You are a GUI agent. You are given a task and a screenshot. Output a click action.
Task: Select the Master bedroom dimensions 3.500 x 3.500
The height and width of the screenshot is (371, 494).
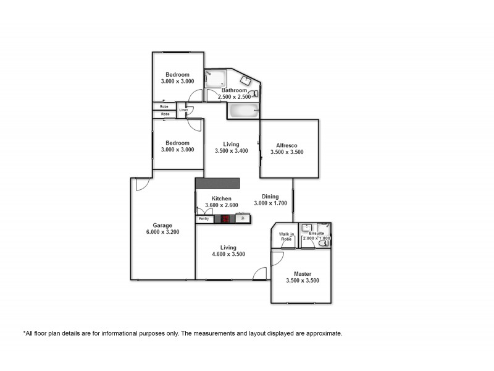click(303, 281)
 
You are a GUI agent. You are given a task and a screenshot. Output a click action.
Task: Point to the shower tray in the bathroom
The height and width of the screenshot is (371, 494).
click(216, 79)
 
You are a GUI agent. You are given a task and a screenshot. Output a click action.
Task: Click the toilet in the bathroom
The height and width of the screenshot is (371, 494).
click(255, 94)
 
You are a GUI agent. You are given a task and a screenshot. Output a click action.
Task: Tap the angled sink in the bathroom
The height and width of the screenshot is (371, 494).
click(245, 80)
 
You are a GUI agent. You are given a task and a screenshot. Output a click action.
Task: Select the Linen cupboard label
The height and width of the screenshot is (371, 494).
click(183, 111)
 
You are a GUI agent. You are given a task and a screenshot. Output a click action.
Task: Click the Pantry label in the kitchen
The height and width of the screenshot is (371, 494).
click(204, 218)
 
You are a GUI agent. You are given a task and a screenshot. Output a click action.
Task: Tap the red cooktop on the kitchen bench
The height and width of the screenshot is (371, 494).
click(225, 218)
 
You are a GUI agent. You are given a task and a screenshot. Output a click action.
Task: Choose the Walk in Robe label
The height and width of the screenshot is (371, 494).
click(285, 236)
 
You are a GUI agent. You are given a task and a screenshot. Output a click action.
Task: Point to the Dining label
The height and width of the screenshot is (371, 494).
click(270, 197)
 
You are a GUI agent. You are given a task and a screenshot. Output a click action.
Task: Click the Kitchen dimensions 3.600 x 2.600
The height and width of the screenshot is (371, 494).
click(221, 205)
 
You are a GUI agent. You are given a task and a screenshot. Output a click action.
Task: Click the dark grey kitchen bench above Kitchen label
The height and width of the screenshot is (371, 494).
click(217, 184)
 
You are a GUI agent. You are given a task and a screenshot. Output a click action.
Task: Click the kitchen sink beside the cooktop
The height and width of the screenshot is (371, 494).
click(243, 218)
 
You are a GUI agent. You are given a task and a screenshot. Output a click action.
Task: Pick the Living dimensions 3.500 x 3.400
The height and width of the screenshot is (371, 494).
click(231, 151)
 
